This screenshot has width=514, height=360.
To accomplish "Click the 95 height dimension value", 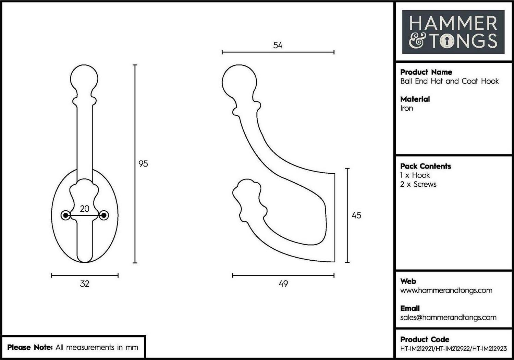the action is point(143,164).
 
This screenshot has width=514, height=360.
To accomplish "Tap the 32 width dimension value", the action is point(84,284).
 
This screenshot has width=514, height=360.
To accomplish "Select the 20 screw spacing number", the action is point(84,209).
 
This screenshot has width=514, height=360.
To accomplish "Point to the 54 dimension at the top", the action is point(278,45).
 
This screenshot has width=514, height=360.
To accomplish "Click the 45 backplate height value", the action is point(356,215).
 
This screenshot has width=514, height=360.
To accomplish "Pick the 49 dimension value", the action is point(283,284).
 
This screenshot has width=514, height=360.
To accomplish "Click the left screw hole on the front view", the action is point(66,215).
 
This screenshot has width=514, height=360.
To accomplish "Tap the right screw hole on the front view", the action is point(104,215).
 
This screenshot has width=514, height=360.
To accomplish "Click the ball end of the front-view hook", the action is point(84,78).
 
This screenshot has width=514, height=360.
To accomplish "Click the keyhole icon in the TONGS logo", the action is point(447,41).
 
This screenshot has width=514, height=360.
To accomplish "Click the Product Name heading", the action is point(426,72).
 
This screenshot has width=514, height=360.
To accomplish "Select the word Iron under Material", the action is point(406,108).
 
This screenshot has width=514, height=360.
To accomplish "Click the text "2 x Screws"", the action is point(418,184).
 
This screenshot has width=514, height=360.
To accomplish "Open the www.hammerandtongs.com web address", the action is point(446,290).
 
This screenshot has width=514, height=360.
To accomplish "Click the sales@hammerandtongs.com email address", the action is point(448,318).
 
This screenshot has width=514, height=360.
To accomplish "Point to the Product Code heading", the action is point(425,339).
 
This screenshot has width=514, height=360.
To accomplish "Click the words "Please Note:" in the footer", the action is point(30,347).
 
